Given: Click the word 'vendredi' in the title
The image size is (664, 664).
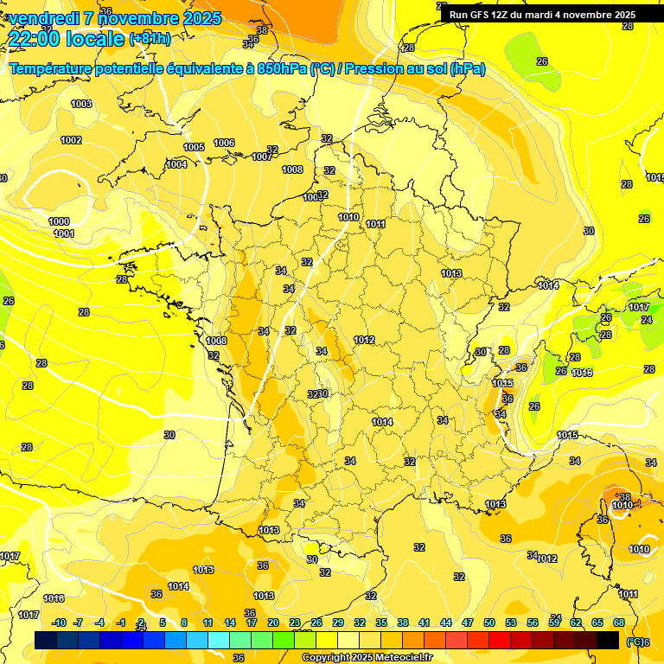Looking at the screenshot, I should pyautogui.click(x=44, y=18).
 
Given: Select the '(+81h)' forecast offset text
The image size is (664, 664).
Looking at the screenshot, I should pyautogui.click(x=150, y=39).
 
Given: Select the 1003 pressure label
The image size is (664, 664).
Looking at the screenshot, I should pyautogui.click(x=81, y=104).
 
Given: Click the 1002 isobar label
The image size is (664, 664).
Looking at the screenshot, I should pyautogui.click(x=71, y=140).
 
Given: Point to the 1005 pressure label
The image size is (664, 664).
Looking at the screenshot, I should pyautogui.click(x=194, y=147).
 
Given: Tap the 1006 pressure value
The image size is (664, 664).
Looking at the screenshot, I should pyautogui.click(x=224, y=143).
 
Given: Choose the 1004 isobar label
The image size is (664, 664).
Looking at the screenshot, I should pyautogui.click(x=176, y=164).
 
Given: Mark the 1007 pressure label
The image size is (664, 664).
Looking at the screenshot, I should pyautogui.click(x=262, y=156).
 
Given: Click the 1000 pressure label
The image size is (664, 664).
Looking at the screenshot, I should pyautogui.click(x=59, y=222).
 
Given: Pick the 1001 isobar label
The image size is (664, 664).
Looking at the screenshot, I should pyautogui.click(x=63, y=233).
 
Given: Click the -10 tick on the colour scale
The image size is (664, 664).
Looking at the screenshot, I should pyautogui.click(x=59, y=622).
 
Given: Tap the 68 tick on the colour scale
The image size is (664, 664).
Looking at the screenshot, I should pyautogui.click(x=619, y=622).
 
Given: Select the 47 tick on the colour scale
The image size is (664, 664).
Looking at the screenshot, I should pyautogui.click(x=468, y=622).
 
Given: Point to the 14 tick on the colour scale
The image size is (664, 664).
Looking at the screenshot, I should pyautogui.click(x=230, y=622).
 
